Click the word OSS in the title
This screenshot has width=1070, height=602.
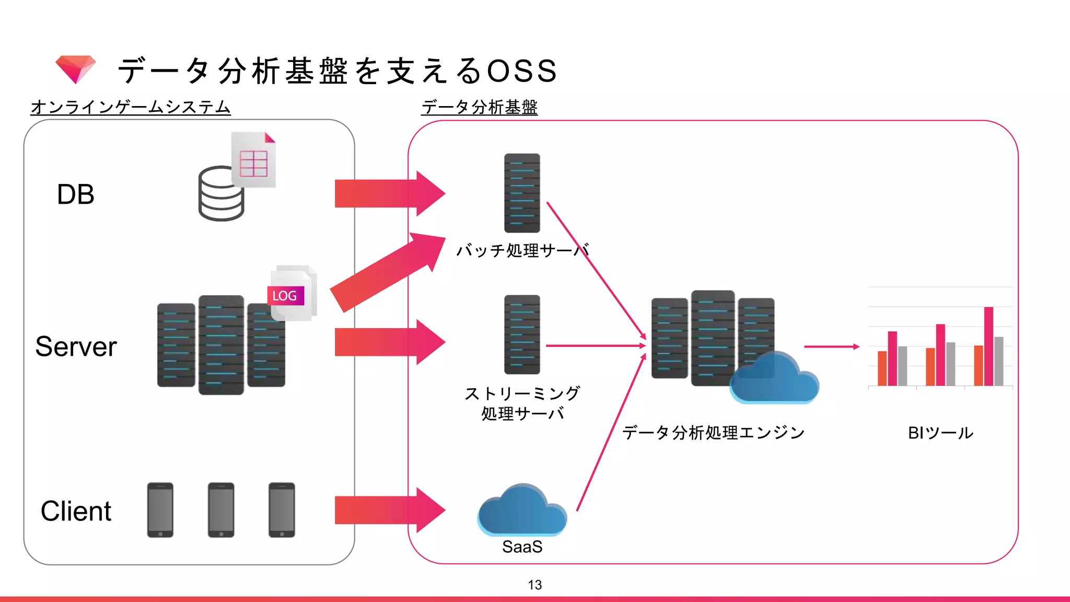522,71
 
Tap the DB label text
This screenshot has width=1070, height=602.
76,194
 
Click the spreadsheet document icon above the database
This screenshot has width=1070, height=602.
254,161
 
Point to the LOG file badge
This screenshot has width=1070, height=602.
285,296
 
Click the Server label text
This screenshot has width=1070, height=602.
76,346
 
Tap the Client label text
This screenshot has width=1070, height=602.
76,511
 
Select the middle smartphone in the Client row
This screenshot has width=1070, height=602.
221,510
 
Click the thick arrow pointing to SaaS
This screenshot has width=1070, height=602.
389,510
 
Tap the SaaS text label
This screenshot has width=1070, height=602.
522,547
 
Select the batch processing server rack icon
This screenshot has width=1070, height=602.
522,193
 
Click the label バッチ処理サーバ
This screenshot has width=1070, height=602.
522,251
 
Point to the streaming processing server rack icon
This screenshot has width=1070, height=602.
522,334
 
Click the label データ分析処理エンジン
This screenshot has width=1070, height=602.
713,433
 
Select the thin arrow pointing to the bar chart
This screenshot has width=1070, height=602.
831,346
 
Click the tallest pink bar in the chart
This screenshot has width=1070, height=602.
988,346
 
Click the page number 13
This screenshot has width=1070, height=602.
534,585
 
